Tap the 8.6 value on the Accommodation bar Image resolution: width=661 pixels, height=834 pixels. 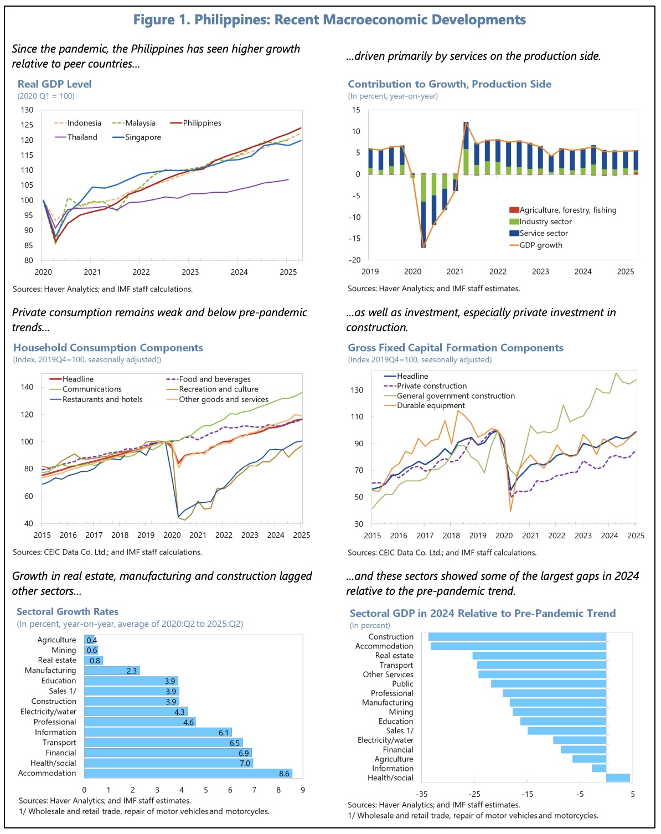pyautogui.click(x=284, y=774)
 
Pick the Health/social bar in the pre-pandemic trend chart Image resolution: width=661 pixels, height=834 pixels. pyautogui.click(x=618, y=778)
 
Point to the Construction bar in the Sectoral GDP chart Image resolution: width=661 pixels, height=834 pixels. pyautogui.click(x=517, y=637)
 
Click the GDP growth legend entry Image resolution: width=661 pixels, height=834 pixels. pyautogui.click(x=540, y=245)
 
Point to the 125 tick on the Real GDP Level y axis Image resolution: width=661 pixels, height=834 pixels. pyautogui.click(x=27, y=125)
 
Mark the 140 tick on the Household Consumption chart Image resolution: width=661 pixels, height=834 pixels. pyautogui.click(x=27, y=387)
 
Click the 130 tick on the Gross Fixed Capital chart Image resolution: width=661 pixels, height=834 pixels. pyautogui.click(x=357, y=390)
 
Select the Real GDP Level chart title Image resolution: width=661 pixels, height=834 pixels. pyautogui.click(x=54, y=84)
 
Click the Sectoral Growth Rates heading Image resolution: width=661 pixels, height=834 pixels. pyautogui.click(x=67, y=612)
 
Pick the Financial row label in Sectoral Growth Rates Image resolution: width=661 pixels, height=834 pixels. pyautogui.click(x=61, y=753)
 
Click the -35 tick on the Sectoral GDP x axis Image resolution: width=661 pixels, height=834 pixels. pyautogui.click(x=422, y=794)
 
